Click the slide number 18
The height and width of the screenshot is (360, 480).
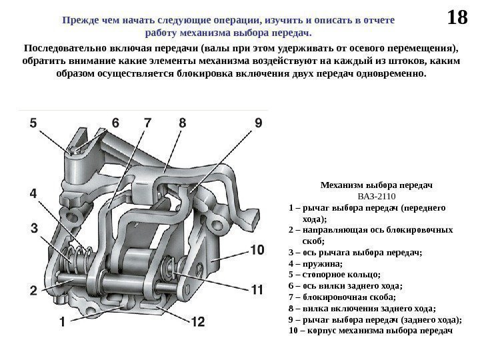click(x=457, y=17)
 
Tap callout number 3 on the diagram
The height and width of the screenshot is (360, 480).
click(x=33, y=229)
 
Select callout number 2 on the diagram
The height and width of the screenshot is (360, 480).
click(x=32, y=290)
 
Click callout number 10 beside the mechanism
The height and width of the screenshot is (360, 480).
click(x=257, y=250)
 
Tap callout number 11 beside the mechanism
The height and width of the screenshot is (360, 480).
click(x=258, y=290)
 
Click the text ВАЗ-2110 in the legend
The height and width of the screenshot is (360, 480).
click(x=377, y=196)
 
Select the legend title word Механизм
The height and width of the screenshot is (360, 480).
click(x=345, y=184)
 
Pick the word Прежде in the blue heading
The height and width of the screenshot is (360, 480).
click(x=79, y=21)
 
